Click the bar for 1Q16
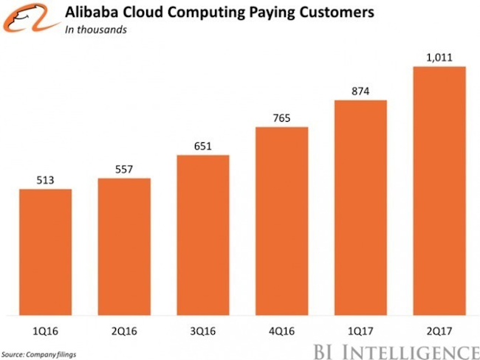[45, 251]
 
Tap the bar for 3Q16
[203, 234]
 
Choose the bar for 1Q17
[360, 207]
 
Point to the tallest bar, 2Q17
[439, 190]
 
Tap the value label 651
[203, 145]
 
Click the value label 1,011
[439, 56]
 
